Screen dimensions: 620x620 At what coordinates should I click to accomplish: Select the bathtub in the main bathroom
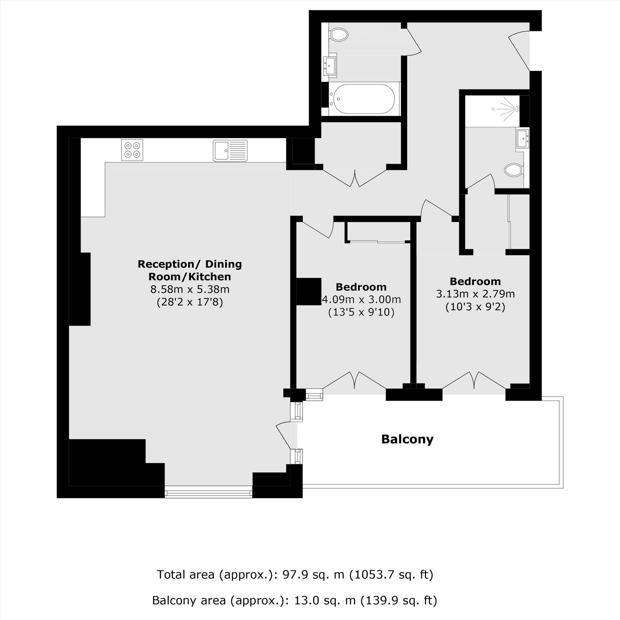364,99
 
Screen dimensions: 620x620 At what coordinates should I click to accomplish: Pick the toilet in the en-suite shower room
513,170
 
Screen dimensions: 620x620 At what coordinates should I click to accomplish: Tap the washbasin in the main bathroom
330,65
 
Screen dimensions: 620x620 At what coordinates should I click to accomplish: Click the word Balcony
407,439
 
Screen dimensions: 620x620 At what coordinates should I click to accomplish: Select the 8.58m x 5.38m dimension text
190,290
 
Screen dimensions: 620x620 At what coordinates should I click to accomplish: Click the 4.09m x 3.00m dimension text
361,300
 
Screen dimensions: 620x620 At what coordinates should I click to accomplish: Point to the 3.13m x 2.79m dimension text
475,294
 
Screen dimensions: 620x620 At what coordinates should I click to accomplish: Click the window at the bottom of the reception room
209,492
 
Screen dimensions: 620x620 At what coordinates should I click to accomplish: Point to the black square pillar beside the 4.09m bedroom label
309,291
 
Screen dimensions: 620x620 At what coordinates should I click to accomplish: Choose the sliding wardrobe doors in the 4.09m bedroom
377,241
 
